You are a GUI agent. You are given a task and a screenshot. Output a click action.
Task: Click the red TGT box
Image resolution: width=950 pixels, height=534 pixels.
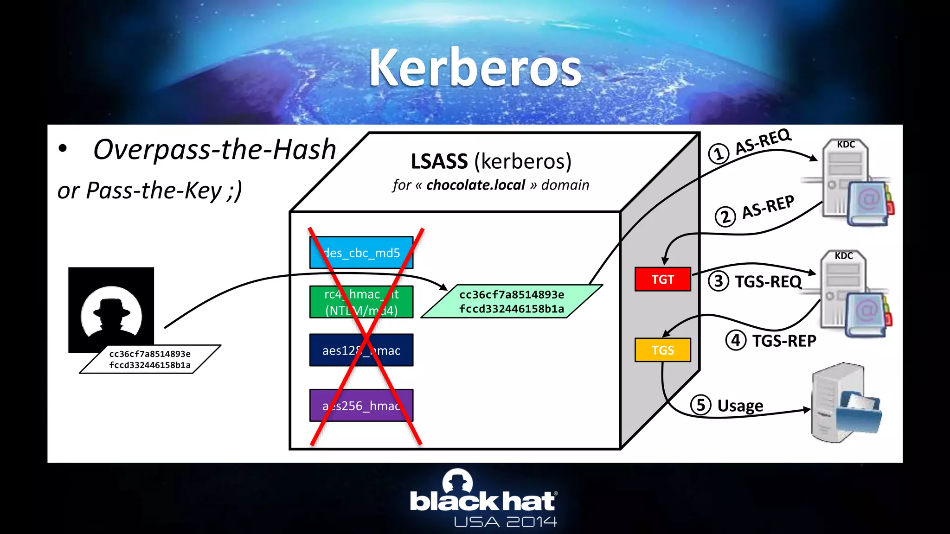662,279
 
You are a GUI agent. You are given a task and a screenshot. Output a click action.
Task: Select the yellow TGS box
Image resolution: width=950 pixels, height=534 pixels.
662,350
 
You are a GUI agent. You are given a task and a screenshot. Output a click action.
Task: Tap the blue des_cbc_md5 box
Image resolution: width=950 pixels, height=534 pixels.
361,253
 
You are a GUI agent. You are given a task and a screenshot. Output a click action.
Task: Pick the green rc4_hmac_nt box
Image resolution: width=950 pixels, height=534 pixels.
361,302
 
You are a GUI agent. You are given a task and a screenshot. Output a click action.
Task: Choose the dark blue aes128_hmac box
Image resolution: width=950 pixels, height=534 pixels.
361,350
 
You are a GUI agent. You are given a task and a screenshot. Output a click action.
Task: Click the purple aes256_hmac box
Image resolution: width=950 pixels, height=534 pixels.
361,405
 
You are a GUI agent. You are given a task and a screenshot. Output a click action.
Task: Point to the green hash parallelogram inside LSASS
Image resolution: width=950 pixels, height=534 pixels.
512,301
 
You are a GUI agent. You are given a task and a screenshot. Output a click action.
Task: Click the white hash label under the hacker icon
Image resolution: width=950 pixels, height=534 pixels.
150,359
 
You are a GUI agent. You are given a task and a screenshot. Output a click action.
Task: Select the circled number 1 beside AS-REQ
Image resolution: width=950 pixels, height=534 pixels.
719,153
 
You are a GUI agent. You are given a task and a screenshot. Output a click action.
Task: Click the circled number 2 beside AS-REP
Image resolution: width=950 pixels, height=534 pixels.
725,216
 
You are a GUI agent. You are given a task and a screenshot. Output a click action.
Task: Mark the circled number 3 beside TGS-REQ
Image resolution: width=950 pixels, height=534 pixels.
719,281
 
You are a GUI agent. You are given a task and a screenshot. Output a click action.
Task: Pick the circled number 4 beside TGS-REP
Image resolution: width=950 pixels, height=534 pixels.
736,340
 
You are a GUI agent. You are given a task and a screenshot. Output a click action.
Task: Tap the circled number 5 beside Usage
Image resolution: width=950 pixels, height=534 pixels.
700,405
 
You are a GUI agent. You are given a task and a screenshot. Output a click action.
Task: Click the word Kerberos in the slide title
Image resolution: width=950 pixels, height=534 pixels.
475,68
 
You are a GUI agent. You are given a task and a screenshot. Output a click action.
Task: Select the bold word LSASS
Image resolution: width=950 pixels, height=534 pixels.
439,161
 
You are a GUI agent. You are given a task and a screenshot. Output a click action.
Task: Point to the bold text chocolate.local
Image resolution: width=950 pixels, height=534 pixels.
475,185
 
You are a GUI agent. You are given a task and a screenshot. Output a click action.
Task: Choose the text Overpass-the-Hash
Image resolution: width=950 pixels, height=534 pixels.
214,149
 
